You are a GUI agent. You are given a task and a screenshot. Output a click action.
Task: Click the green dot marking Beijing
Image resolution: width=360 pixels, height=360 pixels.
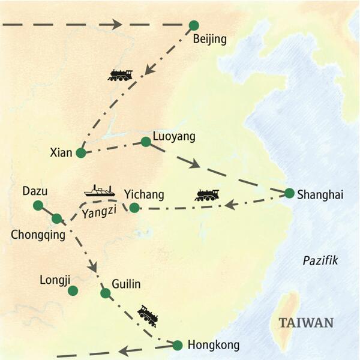coord(193,25)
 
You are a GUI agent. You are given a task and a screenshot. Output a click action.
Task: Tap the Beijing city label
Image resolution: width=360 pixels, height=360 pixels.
coord(210,40)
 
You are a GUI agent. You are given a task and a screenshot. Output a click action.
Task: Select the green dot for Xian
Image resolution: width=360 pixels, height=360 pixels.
coord(81,152)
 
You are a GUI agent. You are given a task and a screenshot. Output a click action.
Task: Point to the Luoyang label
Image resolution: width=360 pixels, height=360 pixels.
coord(174,136)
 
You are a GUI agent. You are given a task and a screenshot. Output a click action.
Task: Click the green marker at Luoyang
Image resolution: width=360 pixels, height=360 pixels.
coord(145,142)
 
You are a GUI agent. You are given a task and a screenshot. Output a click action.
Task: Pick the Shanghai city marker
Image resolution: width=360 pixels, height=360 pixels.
coord(289,193)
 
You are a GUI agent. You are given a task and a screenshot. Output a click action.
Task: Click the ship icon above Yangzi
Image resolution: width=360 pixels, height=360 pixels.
coord(100,191)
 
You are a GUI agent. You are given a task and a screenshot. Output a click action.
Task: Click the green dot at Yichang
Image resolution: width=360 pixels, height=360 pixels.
coord(134,208)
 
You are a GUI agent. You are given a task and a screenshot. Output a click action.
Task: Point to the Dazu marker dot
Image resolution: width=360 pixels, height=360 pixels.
coord(38,205)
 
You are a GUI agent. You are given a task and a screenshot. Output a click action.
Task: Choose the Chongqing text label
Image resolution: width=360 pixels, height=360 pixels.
coord(38,235)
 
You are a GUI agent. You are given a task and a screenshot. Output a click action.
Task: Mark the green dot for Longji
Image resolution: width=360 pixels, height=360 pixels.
coord(73,290)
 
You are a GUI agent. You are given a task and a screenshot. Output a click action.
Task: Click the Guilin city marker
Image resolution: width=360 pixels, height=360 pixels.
coord(105,293)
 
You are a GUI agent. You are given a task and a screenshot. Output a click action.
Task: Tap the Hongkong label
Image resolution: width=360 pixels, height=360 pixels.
coord(214,345)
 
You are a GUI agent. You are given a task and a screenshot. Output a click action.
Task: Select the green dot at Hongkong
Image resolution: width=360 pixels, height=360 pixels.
coord(177,345)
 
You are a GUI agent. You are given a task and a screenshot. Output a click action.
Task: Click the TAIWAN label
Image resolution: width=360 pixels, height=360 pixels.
coord(306,323)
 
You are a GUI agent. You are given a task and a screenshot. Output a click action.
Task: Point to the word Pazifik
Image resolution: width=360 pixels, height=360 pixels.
coord(320,260)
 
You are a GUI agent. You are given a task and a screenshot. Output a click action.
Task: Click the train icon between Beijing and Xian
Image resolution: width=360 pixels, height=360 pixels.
coord(120,75)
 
